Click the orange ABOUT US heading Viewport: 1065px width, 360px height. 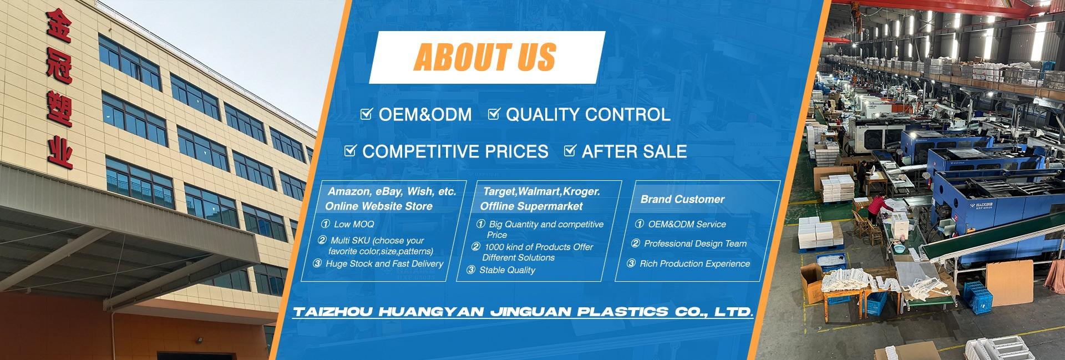click(x=485, y=57)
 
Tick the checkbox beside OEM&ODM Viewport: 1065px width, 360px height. click(x=366, y=114)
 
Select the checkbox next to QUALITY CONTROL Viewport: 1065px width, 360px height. click(x=494, y=114)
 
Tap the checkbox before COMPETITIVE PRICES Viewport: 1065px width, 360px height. click(x=350, y=150)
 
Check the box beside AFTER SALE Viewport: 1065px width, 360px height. click(x=570, y=150)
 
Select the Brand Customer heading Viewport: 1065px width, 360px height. click(x=682, y=199)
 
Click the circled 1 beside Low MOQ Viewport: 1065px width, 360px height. click(x=326, y=224)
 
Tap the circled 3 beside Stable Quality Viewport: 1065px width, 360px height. click(x=471, y=270)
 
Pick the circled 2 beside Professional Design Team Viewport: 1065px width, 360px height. click(x=636, y=244)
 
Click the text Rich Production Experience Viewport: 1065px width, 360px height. click(x=694, y=264)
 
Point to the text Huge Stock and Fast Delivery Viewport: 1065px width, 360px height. click(x=384, y=264)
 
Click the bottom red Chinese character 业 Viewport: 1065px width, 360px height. click(x=59, y=151)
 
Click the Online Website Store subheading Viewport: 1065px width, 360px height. click(x=379, y=206)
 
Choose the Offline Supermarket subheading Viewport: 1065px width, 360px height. click(x=531, y=206)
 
